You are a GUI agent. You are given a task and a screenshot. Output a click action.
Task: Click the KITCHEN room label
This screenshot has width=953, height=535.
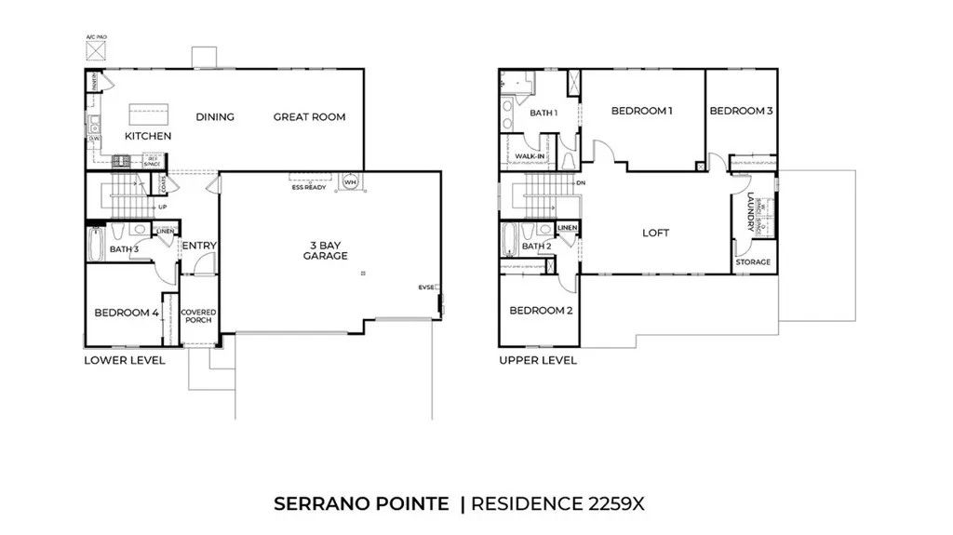[148, 136]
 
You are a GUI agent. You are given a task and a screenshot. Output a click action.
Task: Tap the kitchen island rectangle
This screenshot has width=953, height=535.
[149, 115]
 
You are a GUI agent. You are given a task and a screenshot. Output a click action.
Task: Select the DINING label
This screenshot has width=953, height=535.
[214, 117]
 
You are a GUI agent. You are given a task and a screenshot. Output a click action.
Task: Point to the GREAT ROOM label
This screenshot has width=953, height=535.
[309, 117]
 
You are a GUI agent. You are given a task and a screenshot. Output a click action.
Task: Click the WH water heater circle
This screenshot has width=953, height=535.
[350, 181]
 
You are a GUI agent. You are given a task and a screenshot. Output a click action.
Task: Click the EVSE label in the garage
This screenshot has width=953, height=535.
[426, 288]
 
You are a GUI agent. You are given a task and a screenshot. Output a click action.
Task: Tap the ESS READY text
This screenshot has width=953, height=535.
[308, 187]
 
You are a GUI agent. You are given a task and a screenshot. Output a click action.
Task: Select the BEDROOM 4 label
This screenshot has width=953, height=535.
[126, 313]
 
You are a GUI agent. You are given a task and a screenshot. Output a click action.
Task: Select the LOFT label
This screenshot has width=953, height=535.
[655, 234]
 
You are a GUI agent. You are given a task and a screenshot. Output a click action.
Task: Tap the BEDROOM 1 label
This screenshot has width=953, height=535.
[641, 111]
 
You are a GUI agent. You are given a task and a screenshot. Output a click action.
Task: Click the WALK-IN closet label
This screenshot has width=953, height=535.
[530, 156]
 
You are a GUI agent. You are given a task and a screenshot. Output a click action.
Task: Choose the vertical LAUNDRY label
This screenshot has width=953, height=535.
[751, 212]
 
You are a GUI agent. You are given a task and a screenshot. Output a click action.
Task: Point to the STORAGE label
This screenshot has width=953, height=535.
[753, 262]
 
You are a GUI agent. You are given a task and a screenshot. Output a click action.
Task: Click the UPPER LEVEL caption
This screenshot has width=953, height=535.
[537, 360]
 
